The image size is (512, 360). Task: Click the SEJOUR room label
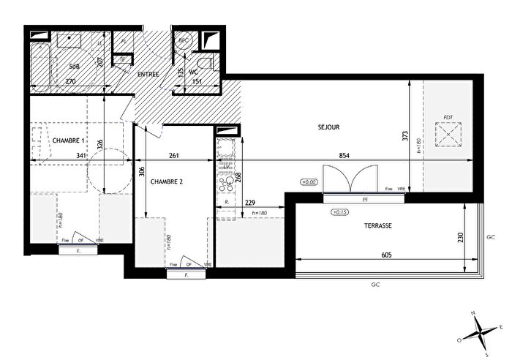[329, 127]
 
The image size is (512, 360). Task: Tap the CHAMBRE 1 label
[69, 140]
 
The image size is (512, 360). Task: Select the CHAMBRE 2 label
[167, 181]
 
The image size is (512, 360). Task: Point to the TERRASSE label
[379, 226]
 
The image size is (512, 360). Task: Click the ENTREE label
[148, 75]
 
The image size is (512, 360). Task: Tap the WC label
[194, 72]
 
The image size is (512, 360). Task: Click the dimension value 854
[344, 156]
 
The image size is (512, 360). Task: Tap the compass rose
[479, 330]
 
